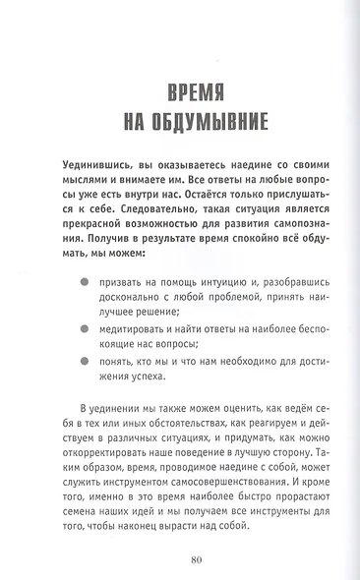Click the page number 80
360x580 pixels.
coord(181,559)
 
